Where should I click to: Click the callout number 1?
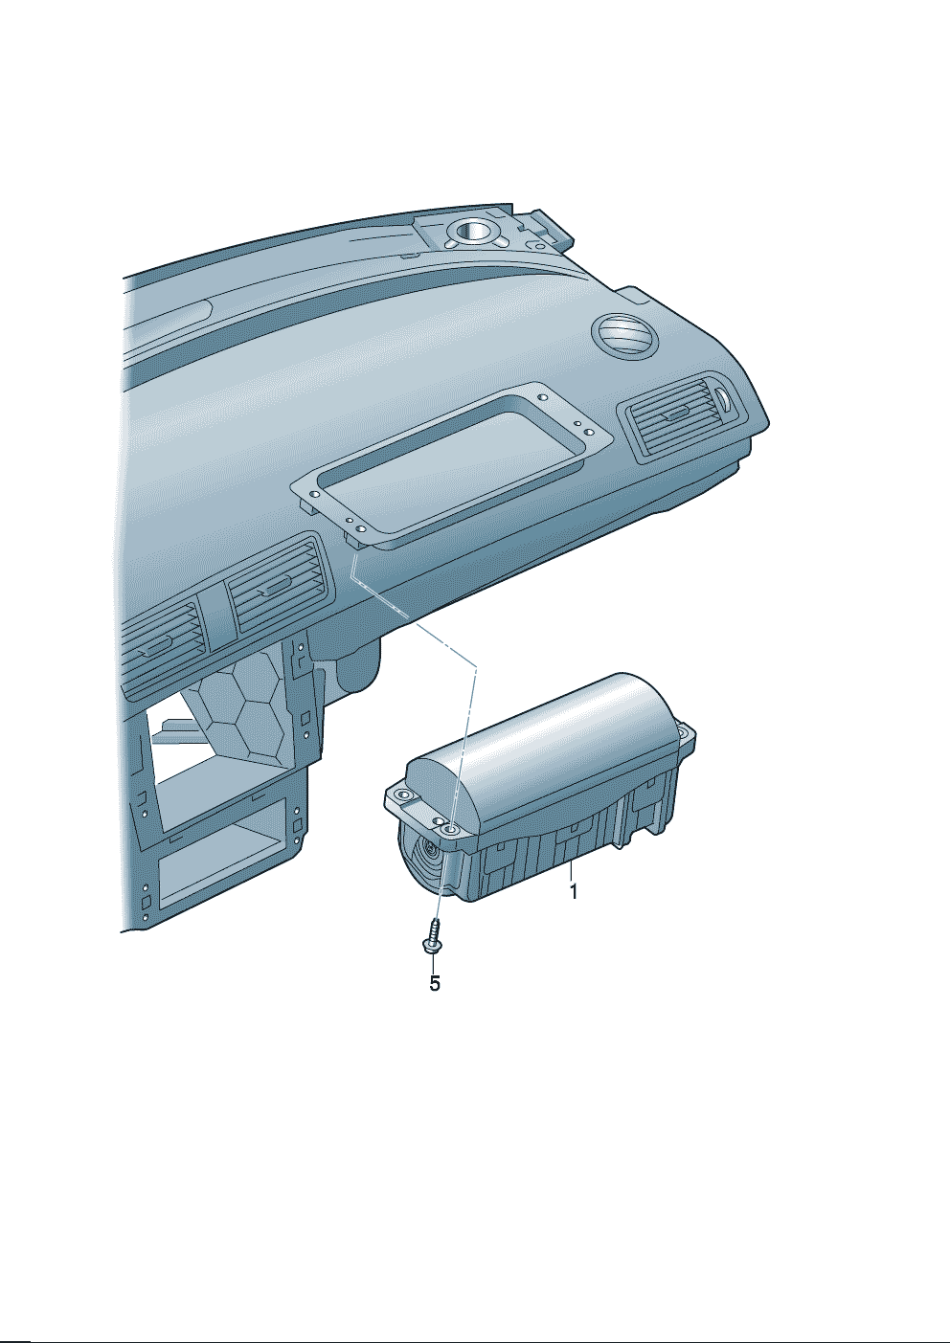[x=574, y=891]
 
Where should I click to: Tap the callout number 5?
[x=435, y=983]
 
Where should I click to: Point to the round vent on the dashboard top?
[x=624, y=336]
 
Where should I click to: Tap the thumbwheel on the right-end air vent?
[x=725, y=399]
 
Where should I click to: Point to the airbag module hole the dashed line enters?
[x=449, y=830]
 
